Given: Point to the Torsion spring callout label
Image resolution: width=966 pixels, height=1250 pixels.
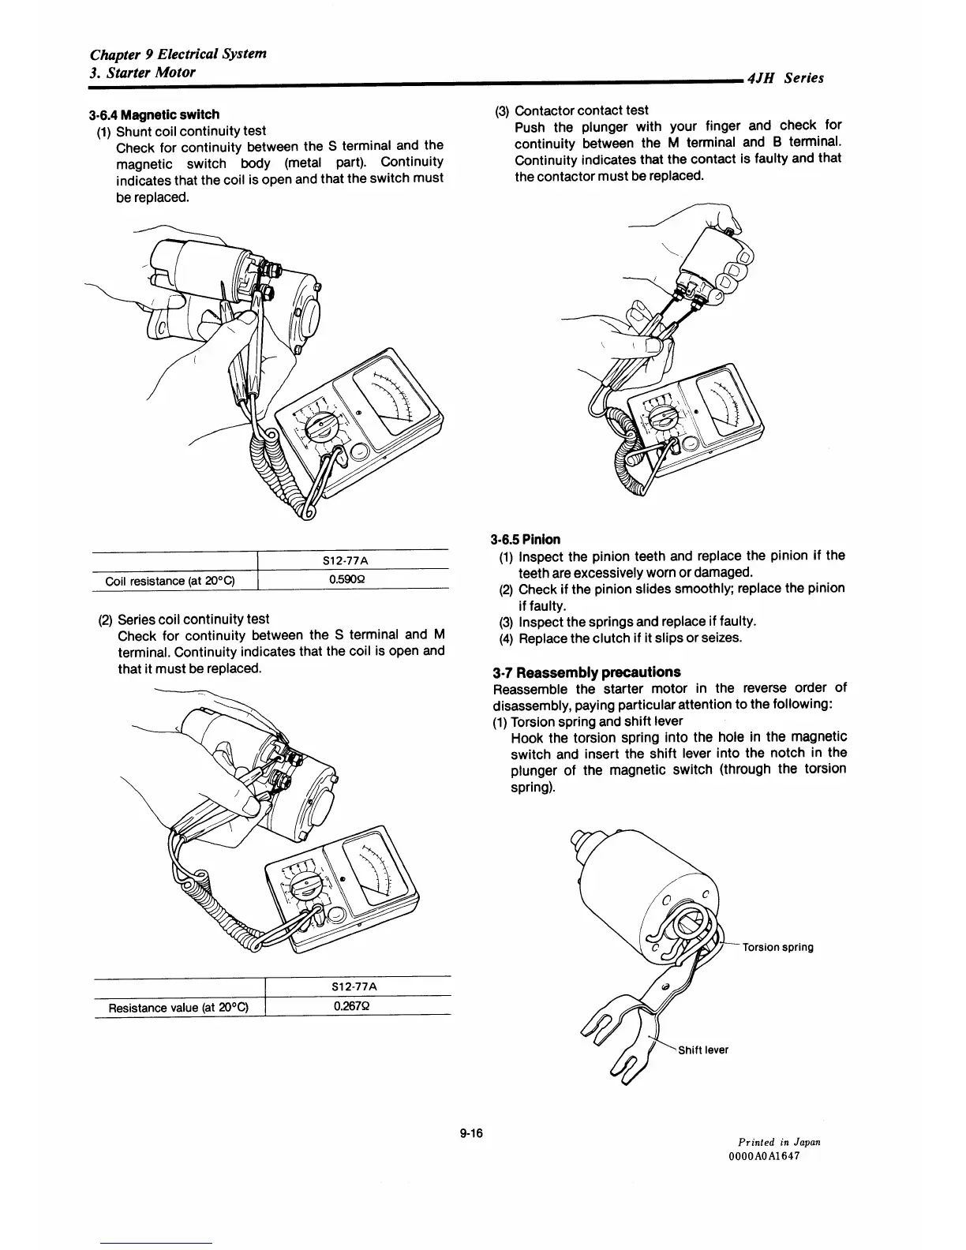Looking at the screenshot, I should tap(777, 947).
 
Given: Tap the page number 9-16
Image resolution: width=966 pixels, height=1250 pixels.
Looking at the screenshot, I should tap(470, 1134).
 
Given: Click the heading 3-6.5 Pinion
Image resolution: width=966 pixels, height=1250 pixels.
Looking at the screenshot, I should tap(525, 540).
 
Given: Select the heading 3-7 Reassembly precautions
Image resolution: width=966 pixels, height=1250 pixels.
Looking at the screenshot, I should tap(586, 672).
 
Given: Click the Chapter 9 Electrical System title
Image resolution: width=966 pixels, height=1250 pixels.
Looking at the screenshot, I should tap(178, 54).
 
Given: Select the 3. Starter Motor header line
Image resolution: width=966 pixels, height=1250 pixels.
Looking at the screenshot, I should tap(143, 72).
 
